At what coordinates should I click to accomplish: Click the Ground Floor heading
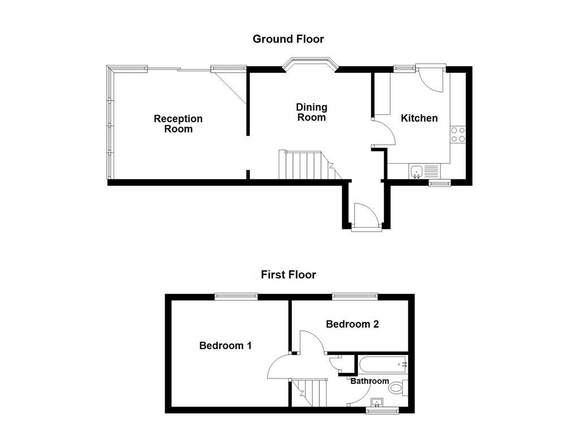288,39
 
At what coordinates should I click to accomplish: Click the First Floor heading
288,275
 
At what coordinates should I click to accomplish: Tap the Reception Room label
178,124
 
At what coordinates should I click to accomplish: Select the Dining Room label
312,112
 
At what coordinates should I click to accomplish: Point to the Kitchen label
419,118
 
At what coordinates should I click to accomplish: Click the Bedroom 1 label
225,345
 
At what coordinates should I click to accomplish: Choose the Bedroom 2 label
352,324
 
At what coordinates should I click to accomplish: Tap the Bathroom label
370,381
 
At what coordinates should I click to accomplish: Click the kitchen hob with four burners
458,134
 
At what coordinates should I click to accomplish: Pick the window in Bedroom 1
236,296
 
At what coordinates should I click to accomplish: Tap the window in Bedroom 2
355,296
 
